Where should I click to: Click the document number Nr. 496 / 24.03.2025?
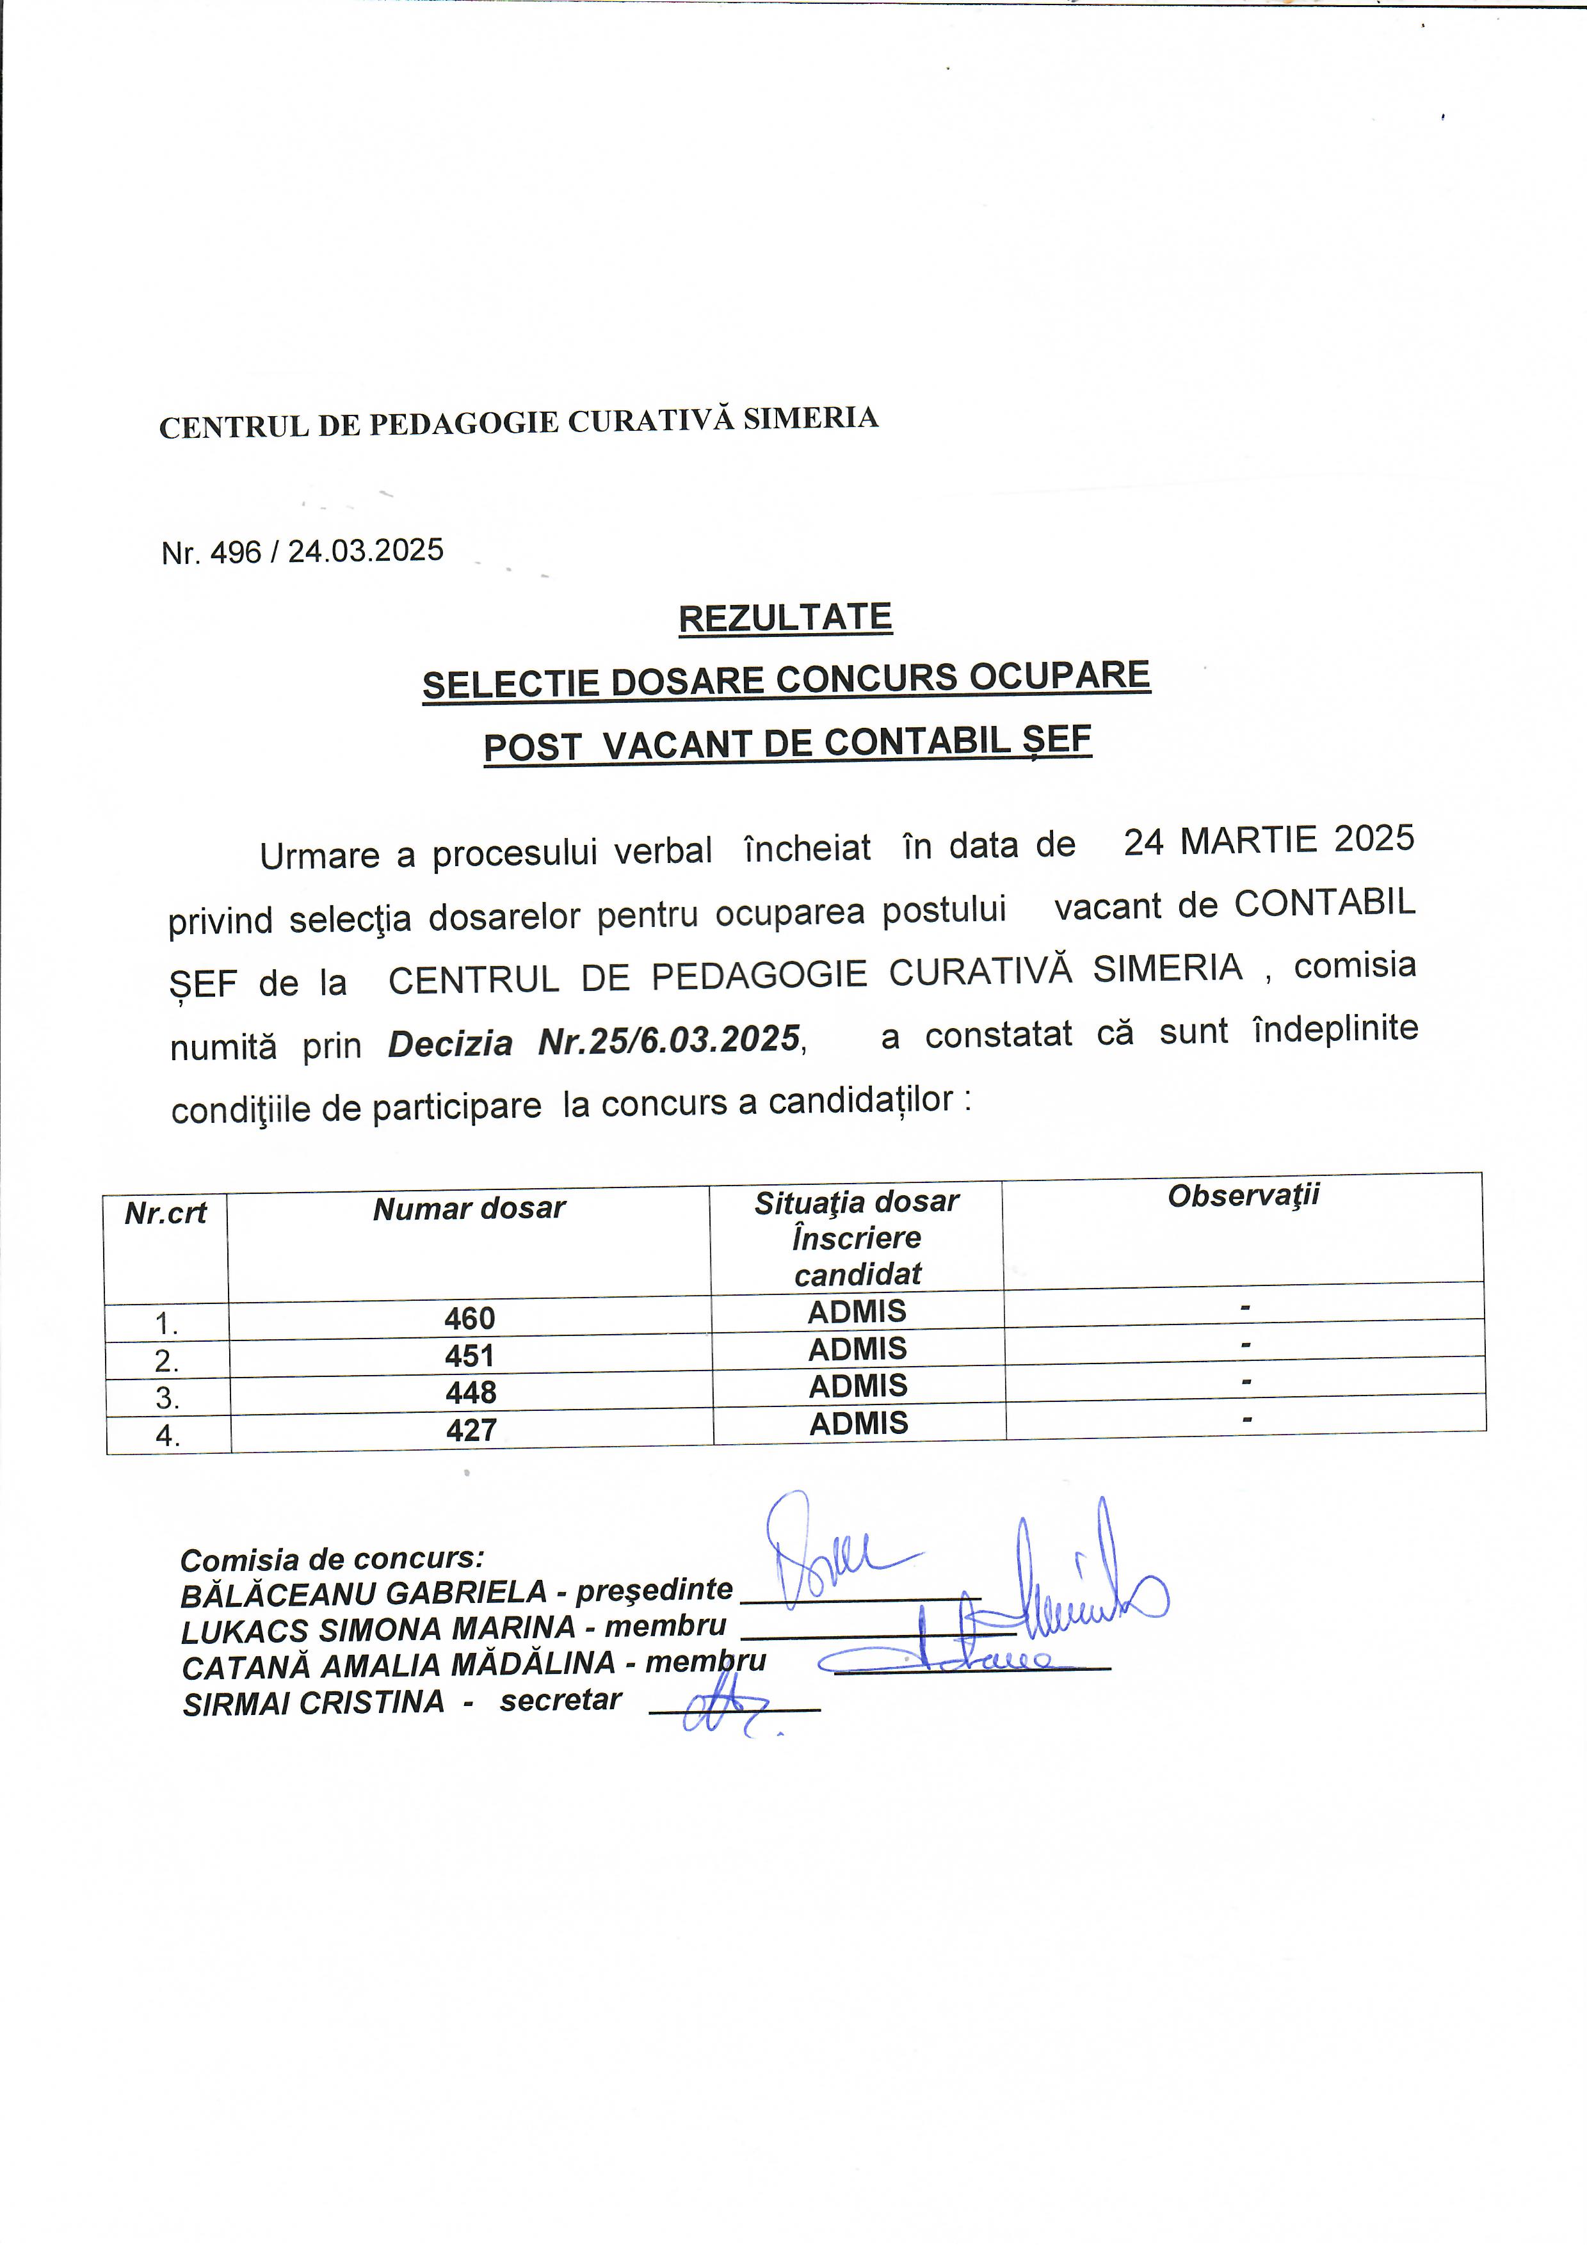(302, 551)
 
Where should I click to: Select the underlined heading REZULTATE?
(785, 618)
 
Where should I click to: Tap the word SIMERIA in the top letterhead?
(810, 419)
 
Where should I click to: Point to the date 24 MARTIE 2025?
(1268, 840)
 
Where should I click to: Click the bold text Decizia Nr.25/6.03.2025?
(595, 1042)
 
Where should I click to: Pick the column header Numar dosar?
(469, 1209)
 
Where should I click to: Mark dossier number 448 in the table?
(471, 1392)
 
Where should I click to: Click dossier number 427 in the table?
(471, 1429)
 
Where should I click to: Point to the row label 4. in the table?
(167, 1435)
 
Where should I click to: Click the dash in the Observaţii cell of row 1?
(1245, 1307)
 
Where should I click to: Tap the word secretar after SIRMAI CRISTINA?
(560, 1700)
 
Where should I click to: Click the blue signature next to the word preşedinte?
(826, 1555)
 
